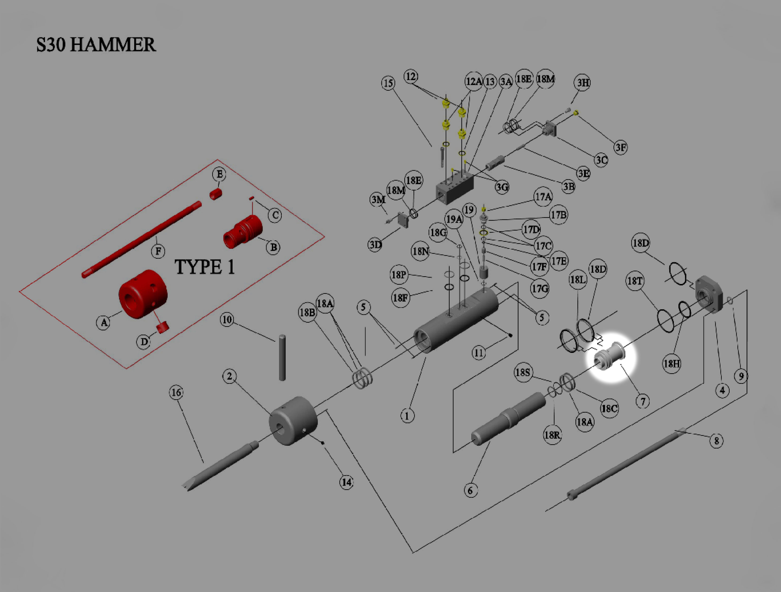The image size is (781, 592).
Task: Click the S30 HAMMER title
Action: pyautogui.click(x=96, y=45)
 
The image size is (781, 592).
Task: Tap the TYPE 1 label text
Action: pyautogui.click(x=204, y=267)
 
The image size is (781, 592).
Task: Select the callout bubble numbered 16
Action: pyautogui.click(x=176, y=392)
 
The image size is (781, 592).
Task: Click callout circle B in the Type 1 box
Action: pyautogui.click(x=273, y=247)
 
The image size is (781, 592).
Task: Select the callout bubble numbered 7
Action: pyautogui.click(x=643, y=401)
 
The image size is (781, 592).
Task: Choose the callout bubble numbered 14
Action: pyautogui.click(x=346, y=482)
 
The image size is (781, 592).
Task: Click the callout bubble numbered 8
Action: pyautogui.click(x=716, y=441)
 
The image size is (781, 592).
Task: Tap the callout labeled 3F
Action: pyautogui.click(x=620, y=147)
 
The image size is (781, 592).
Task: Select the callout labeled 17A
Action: pyautogui.click(x=543, y=196)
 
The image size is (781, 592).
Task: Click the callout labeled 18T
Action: pyautogui.click(x=635, y=281)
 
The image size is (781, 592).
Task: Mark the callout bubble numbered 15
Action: pyautogui.click(x=388, y=83)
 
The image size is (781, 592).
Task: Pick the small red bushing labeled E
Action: pyautogui.click(x=216, y=194)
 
